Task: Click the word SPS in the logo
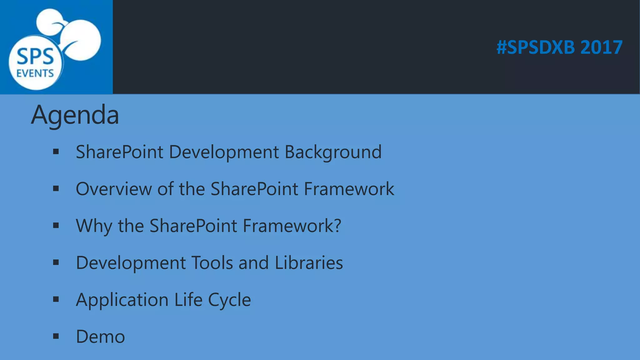(35, 57)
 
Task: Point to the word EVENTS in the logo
(35, 73)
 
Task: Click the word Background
(333, 152)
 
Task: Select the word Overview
(114, 189)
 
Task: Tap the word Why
(94, 226)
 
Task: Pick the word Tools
(212, 262)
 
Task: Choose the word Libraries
(309, 262)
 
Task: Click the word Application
(122, 300)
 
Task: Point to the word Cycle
(229, 300)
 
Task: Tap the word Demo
(100, 337)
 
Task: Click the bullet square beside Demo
(56, 336)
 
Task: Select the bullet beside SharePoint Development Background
(56, 152)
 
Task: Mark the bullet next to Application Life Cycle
(56, 299)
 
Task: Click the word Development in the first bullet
(224, 152)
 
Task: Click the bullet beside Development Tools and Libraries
(56, 262)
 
